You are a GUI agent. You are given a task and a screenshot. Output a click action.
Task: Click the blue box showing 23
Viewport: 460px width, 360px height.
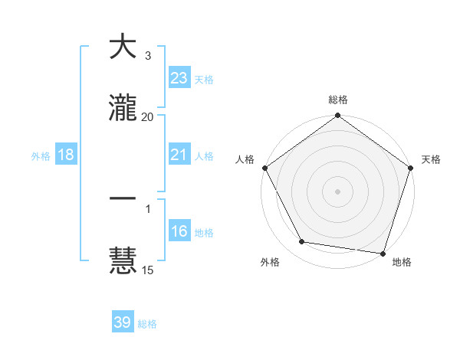pos(179,78)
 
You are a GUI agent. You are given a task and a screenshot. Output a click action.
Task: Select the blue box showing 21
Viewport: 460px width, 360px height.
pos(179,155)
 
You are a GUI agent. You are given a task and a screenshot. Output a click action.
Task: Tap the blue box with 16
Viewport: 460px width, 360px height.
pos(179,231)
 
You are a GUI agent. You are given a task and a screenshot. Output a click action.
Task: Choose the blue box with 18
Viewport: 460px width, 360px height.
pos(66,155)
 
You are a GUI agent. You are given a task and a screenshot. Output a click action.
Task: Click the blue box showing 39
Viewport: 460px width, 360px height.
pos(123,322)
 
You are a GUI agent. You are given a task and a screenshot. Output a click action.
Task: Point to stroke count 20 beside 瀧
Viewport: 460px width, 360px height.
pos(147,116)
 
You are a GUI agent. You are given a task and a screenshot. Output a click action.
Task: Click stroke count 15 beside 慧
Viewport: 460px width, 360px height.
pos(147,270)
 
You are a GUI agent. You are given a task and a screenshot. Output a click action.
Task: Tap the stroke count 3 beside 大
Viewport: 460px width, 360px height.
pos(147,56)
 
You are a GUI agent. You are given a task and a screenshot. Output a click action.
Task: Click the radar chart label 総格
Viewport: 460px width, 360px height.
pos(337,100)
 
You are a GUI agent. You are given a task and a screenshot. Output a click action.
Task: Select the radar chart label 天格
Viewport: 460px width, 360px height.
pos(431,159)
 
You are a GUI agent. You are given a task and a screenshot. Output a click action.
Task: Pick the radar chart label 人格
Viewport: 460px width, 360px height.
pos(245,159)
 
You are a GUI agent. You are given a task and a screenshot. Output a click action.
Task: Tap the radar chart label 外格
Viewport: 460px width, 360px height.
pos(270,262)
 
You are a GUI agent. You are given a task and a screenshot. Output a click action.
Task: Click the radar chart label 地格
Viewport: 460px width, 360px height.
pos(402,262)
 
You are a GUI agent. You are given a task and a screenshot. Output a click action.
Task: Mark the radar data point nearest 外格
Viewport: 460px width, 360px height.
pos(302,242)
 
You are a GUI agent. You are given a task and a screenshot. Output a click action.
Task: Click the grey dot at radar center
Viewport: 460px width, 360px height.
pos(337,191)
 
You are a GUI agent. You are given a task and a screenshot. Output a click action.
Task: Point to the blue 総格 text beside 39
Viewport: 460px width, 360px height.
pos(147,324)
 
